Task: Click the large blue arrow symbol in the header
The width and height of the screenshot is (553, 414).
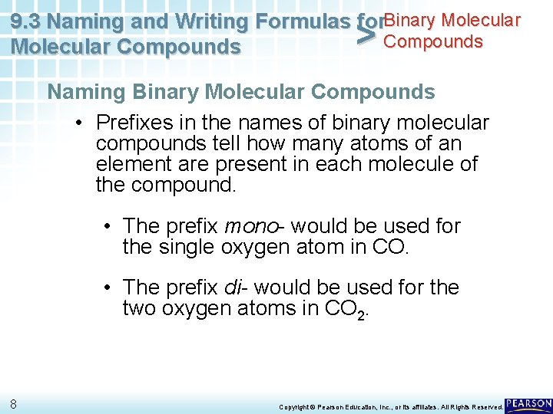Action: (369, 34)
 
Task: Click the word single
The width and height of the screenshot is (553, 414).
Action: (187, 247)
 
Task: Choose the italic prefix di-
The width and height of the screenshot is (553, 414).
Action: (235, 287)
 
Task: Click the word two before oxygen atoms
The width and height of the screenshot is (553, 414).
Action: (140, 308)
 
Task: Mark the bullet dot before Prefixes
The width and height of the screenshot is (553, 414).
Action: (79, 123)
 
